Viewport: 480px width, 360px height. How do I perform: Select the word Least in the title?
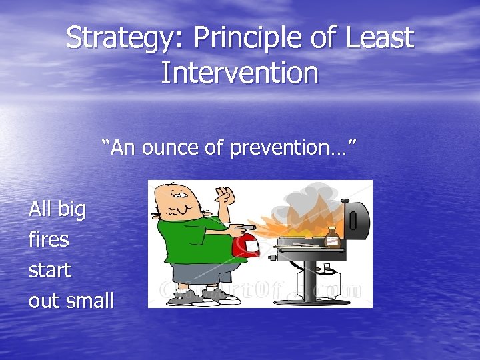click(x=379, y=39)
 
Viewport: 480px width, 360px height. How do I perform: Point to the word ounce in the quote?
click(x=167, y=148)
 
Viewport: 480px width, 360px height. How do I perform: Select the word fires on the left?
click(x=49, y=239)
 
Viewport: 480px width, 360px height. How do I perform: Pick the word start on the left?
click(x=50, y=270)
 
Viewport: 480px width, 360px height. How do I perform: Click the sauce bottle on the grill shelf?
click(x=332, y=236)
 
